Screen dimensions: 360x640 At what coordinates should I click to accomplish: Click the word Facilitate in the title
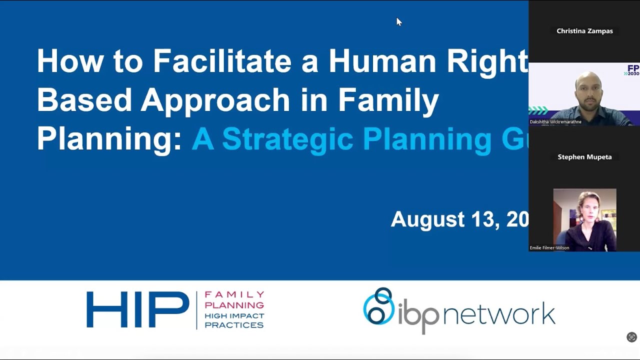pos(221,61)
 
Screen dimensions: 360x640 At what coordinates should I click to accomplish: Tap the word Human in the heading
pos(382,61)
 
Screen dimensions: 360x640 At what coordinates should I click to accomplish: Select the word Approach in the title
pos(215,100)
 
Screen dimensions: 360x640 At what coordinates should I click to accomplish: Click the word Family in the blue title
pos(388,100)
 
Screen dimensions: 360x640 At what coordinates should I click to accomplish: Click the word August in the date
pos(427,219)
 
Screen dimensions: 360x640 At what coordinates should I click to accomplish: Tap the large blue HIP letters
pos(137,310)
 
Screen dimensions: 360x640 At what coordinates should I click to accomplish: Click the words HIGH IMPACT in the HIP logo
pos(234,315)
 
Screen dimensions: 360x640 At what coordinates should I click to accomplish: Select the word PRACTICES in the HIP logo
pos(234,325)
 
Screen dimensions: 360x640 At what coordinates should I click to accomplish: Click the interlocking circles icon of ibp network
pos(378,306)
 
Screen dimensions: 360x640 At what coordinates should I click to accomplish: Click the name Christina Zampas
pos(584,31)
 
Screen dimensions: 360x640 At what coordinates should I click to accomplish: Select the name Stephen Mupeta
pos(584,157)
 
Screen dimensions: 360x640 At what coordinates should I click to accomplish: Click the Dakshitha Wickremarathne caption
pos(555,121)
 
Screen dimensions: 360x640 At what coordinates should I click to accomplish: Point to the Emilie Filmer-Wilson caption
pos(549,247)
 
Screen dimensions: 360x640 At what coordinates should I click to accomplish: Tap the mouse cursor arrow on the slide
pos(398,21)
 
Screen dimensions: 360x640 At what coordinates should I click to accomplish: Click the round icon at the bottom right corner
pos(631,337)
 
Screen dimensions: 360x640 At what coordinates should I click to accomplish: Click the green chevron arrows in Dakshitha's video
pos(538,110)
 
